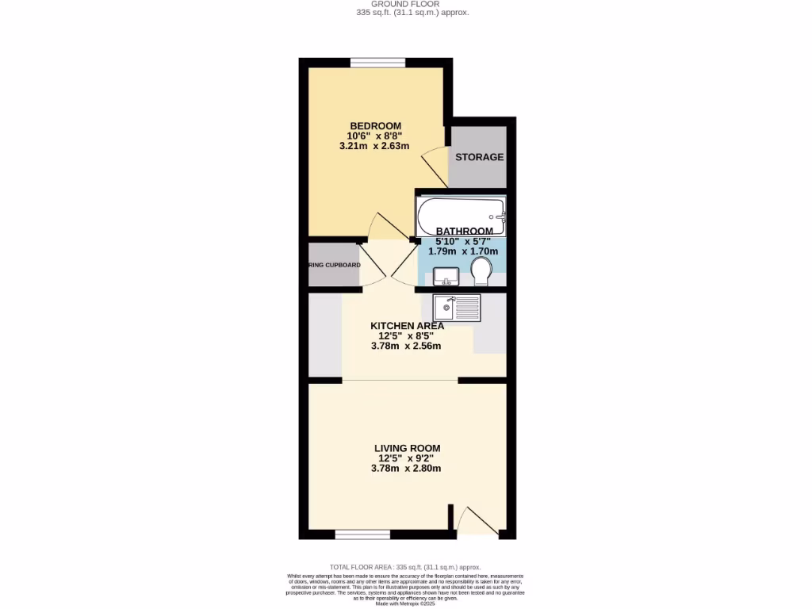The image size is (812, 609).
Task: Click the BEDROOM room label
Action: click(375, 125)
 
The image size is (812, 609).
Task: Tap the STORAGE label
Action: click(479, 157)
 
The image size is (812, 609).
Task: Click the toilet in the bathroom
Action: click(481, 274)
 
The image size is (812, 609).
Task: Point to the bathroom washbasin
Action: click(445, 276)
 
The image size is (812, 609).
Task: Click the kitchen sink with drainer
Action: click(457, 307)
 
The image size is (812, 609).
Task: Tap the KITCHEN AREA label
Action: click(407, 325)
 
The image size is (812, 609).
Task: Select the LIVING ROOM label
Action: click(407, 448)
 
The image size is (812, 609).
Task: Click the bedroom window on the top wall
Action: click(377, 63)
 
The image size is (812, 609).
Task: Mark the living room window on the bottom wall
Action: click(362, 535)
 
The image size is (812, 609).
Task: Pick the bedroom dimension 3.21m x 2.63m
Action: click(373, 146)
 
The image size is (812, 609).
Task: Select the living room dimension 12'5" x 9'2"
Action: click(407, 458)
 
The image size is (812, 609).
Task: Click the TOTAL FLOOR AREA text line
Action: click(405, 567)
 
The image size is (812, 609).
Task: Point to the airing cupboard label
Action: click(334, 265)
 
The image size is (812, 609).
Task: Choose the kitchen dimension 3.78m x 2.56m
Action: click(406, 346)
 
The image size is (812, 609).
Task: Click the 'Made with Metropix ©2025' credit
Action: click(405, 604)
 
